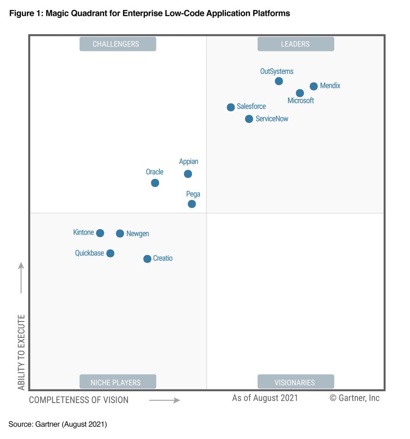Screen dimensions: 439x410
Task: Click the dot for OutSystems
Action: (279, 81)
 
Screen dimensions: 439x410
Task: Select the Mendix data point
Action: (313, 86)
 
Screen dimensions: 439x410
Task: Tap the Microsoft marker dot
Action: (300, 93)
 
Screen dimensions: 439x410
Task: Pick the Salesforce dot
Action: (231, 107)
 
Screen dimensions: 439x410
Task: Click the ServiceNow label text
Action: (272, 119)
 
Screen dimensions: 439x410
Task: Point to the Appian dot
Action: (188, 174)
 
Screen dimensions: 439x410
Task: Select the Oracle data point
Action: (155, 183)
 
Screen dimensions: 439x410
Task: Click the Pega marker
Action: (192, 204)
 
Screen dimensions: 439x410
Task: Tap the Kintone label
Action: (83, 232)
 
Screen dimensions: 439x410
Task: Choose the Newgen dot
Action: (120, 233)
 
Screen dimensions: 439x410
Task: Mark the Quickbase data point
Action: (110, 253)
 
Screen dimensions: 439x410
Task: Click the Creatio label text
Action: (163, 258)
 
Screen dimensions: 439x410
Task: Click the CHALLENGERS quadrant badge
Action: (118, 44)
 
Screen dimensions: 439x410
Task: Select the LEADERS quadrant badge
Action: (296, 44)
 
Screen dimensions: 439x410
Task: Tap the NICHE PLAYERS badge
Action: (118, 382)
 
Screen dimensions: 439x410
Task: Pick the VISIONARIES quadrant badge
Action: (296, 382)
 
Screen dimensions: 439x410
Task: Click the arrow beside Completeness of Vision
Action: (164, 400)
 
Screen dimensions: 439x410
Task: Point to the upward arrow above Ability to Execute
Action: (21, 277)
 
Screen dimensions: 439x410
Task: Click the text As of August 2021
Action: (265, 398)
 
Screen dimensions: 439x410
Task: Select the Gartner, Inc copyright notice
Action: (354, 398)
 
